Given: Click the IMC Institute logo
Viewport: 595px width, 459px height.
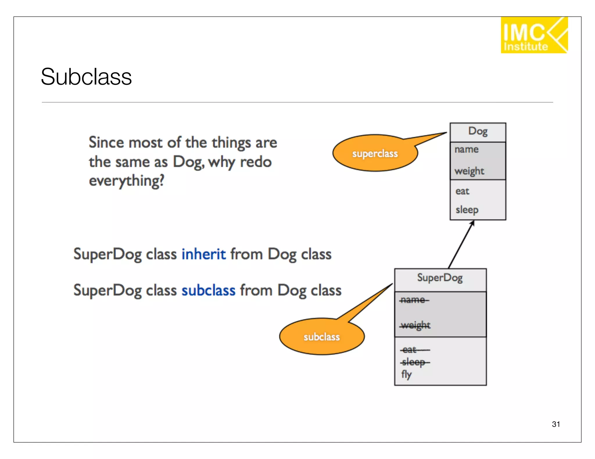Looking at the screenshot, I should (x=534, y=35).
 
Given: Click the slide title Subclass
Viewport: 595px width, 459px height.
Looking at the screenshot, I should (x=86, y=77).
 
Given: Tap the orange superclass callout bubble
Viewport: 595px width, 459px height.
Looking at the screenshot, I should (x=375, y=153).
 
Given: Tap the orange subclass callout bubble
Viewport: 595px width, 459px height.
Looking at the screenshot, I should (x=322, y=337).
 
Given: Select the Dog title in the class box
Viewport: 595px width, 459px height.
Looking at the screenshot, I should (x=478, y=131).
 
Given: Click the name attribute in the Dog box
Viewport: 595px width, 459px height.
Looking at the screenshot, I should (x=466, y=149).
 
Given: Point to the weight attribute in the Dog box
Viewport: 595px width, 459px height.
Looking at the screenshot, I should (x=469, y=171).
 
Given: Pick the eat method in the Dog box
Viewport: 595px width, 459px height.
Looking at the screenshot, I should (x=462, y=191).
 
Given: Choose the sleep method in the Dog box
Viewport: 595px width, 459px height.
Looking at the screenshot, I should (x=467, y=210).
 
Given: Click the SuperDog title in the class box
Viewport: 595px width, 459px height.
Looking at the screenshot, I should (x=440, y=278).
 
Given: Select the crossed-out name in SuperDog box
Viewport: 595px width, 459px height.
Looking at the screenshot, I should (x=414, y=300).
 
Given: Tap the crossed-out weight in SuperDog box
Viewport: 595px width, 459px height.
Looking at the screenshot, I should (x=415, y=325).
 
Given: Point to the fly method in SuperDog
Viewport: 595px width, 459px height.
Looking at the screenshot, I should (x=406, y=375).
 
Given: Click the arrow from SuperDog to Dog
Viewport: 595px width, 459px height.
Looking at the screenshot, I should (x=461, y=245).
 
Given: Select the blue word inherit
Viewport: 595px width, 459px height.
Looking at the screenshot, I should (x=203, y=254).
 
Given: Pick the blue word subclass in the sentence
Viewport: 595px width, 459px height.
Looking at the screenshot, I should (x=208, y=290).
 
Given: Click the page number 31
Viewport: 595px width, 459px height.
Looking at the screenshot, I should (x=556, y=424).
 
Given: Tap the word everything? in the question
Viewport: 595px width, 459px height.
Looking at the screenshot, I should (x=126, y=181).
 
